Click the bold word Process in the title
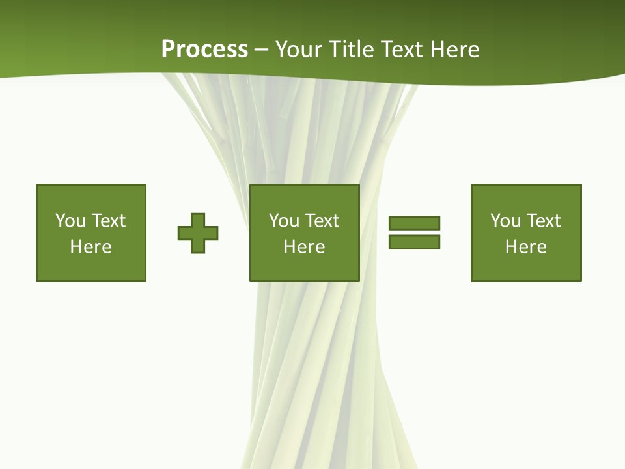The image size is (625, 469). (204, 50)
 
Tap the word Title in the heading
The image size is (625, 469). (350, 50)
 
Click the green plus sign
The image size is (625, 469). (198, 233)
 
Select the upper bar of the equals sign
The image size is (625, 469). (414, 223)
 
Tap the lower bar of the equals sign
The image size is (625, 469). (414, 242)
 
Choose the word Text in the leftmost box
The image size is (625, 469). (107, 221)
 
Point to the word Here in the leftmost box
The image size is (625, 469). (90, 247)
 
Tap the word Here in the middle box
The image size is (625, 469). (304, 247)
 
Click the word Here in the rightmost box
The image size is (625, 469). (525, 247)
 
